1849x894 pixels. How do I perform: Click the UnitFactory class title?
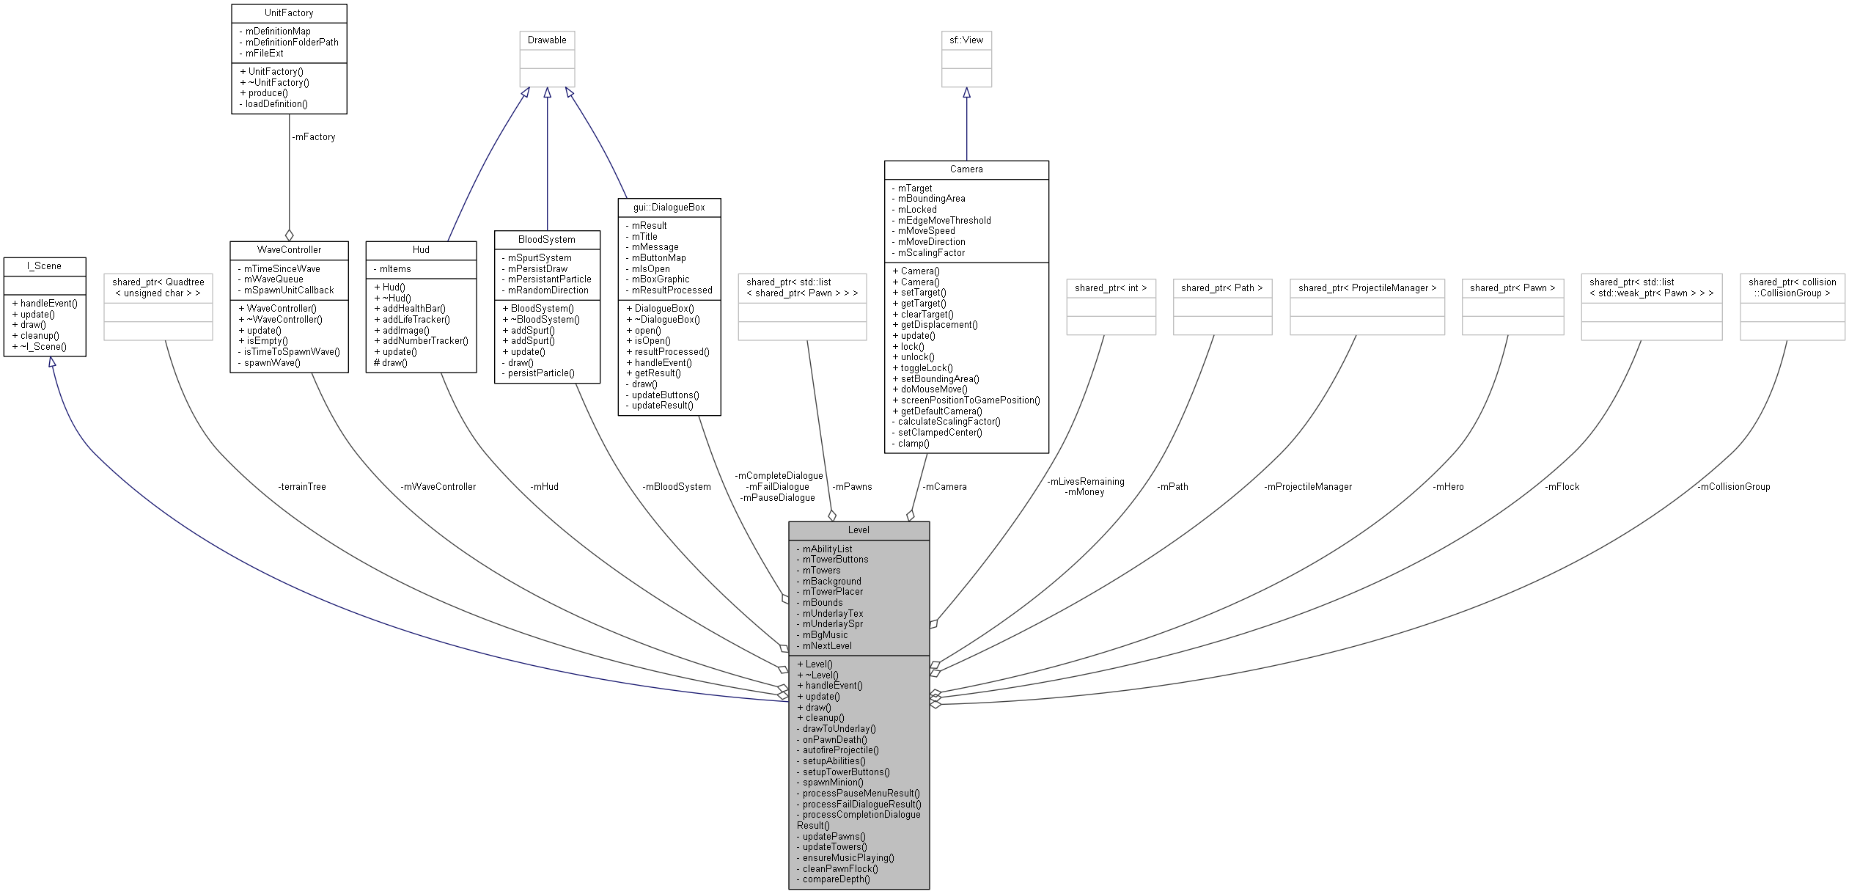(x=289, y=13)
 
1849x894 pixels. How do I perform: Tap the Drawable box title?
(x=547, y=40)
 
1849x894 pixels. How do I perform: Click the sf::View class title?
(x=966, y=40)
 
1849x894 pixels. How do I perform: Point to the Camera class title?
(x=966, y=169)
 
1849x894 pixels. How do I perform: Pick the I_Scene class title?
(x=44, y=265)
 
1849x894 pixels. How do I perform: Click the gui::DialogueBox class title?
(x=669, y=208)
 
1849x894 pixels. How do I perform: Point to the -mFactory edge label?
(x=313, y=137)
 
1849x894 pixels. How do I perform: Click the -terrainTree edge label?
(x=301, y=486)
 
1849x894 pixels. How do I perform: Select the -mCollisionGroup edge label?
(x=1733, y=486)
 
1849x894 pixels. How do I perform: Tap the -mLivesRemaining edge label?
(x=1085, y=482)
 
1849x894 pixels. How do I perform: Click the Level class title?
(x=859, y=530)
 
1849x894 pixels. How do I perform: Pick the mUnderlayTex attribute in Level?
(x=833, y=613)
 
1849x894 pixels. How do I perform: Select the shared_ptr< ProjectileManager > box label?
(x=1367, y=288)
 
